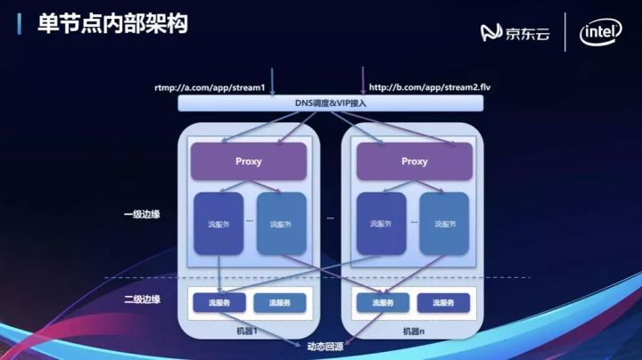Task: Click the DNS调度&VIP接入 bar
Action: (331, 103)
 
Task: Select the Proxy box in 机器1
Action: (249, 161)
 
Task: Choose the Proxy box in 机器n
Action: (414, 161)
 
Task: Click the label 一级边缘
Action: (142, 215)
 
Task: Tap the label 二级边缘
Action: (142, 299)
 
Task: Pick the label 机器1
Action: (248, 331)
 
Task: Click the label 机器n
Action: (412, 331)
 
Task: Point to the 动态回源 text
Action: (325, 344)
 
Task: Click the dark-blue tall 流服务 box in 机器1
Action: (218, 223)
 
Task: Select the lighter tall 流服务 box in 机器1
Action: (281, 223)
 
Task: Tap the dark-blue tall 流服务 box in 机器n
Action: (382, 223)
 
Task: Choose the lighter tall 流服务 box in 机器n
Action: (444, 223)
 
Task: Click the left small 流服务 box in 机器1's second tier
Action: (218, 303)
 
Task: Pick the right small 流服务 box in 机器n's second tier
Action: (444, 303)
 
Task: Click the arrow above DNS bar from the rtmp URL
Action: (272, 81)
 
